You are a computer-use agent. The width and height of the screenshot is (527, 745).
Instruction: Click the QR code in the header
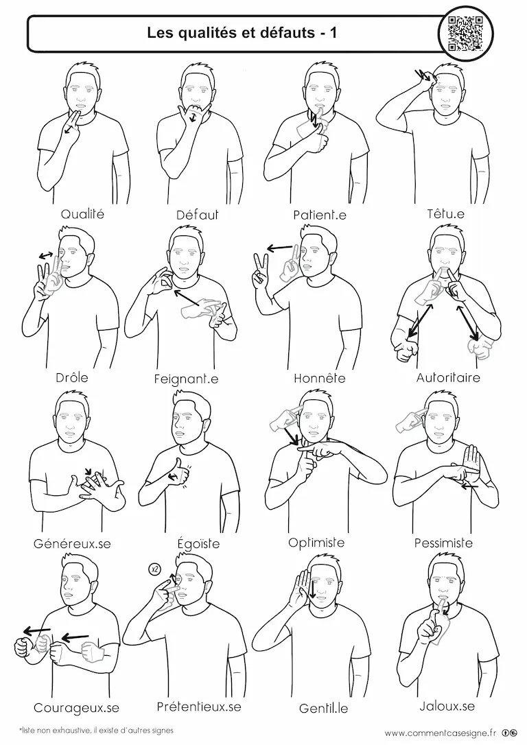coord(465,33)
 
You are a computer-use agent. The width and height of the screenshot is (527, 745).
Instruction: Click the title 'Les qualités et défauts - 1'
coord(242,32)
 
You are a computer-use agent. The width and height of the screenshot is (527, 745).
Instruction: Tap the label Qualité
coord(82,214)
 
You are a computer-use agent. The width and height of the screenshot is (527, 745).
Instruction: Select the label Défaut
coord(197,215)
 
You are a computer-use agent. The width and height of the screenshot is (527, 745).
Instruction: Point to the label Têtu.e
coord(445,213)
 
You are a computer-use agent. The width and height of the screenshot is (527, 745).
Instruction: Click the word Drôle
coord(72,378)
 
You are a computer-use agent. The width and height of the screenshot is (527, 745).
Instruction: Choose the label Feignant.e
coord(186,379)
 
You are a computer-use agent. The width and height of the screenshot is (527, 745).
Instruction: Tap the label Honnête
coord(319,378)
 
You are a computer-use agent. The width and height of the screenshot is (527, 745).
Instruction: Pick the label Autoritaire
coord(448,378)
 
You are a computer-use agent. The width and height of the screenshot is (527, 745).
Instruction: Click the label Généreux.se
coord(72,543)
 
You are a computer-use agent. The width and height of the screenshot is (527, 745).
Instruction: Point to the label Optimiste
coord(316,542)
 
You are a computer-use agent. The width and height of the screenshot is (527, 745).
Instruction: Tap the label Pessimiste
coord(443,543)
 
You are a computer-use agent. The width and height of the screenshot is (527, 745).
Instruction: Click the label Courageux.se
coord(76,708)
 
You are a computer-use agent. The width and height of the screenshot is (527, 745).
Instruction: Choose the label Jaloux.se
coord(447,706)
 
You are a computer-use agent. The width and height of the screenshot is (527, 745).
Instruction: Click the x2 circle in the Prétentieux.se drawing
coord(154,569)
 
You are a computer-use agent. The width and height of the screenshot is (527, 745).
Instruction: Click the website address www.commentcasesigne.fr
coord(440,732)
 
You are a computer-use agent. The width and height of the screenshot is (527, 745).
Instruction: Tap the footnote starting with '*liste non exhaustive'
coord(96,730)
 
